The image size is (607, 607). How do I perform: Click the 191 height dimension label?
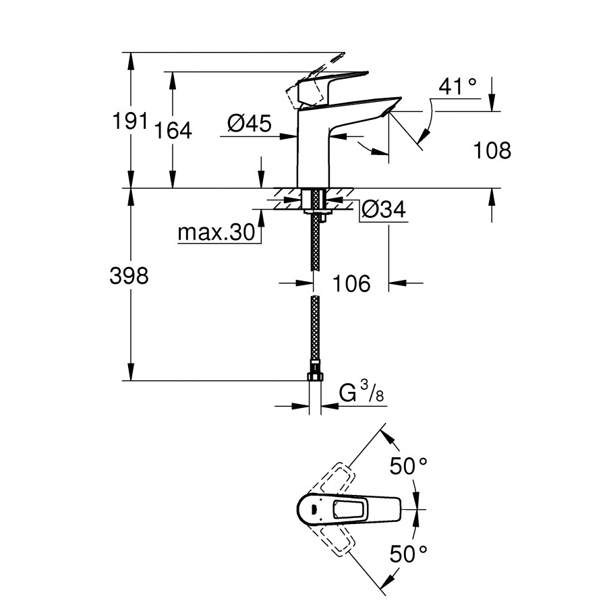tap(131, 122)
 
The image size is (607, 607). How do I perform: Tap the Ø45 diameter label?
tap(249, 123)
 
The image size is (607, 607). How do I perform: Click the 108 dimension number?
tap(492, 150)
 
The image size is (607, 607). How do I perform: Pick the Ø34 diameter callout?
tap(383, 210)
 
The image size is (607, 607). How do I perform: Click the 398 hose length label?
tap(128, 277)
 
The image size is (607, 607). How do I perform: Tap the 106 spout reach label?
tap(351, 283)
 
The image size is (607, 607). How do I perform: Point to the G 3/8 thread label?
tap(364, 393)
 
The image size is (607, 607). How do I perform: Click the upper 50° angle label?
tap(409, 465)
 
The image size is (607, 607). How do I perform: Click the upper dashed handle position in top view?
tap(333, 478)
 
